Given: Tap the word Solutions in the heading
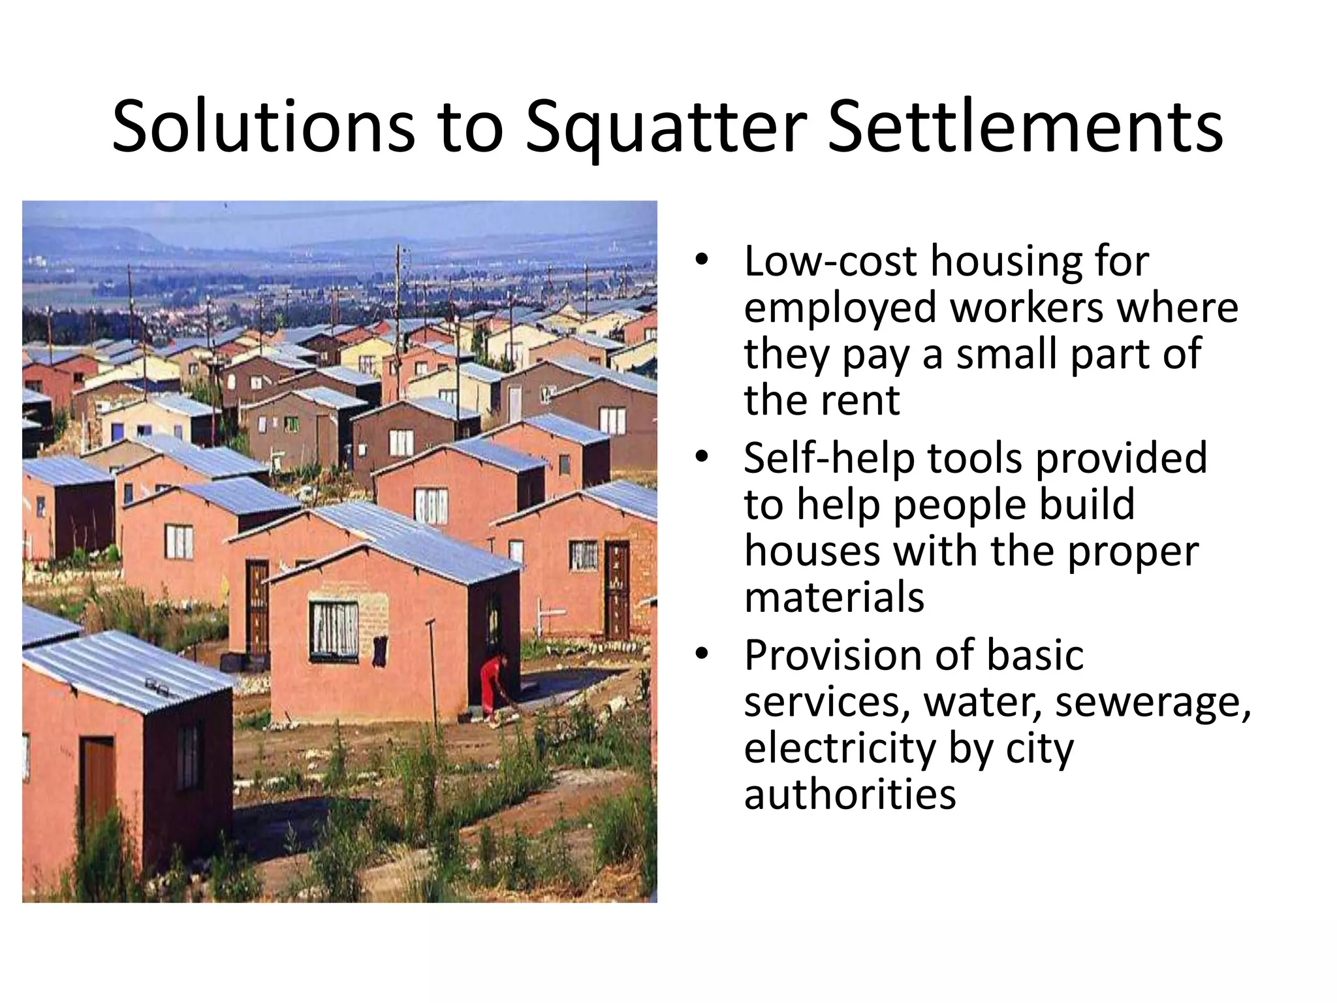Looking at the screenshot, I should (x=262, y=127).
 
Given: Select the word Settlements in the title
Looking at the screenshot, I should (x=1025, y=127).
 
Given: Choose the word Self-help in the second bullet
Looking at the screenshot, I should (x=829, y=458).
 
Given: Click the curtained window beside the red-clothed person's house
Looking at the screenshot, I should (x=334, y=628).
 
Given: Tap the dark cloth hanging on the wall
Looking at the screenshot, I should (x=379, y=651).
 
